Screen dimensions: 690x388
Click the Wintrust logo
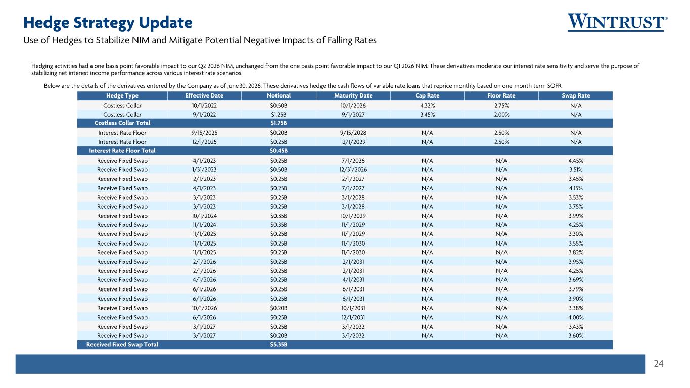(617, 22)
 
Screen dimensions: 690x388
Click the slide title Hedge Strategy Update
(108, 23)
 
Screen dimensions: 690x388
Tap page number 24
(659, 364)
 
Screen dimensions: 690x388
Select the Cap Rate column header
(427, 96)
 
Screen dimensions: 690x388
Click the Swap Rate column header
(576, 96)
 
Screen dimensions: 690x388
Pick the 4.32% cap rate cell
(428, 105)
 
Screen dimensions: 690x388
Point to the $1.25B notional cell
(279, 115)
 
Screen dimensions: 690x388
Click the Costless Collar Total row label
(122, 123)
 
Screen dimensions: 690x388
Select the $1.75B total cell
(279, 123)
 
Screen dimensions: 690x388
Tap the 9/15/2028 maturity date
(353, 133)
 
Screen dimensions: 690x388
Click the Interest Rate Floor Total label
(122, 151)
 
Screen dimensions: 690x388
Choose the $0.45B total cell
(279, 151)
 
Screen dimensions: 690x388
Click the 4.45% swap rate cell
(576, 161)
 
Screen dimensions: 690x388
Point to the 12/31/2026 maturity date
(353, 170)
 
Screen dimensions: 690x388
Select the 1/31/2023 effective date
(204, 170)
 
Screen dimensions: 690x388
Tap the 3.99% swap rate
(576, 216)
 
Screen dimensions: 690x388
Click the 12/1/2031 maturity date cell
(353, 317)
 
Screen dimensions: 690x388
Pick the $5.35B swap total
(279, 344)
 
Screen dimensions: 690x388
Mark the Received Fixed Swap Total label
(122, 344)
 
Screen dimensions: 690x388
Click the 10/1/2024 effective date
(204, 216)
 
